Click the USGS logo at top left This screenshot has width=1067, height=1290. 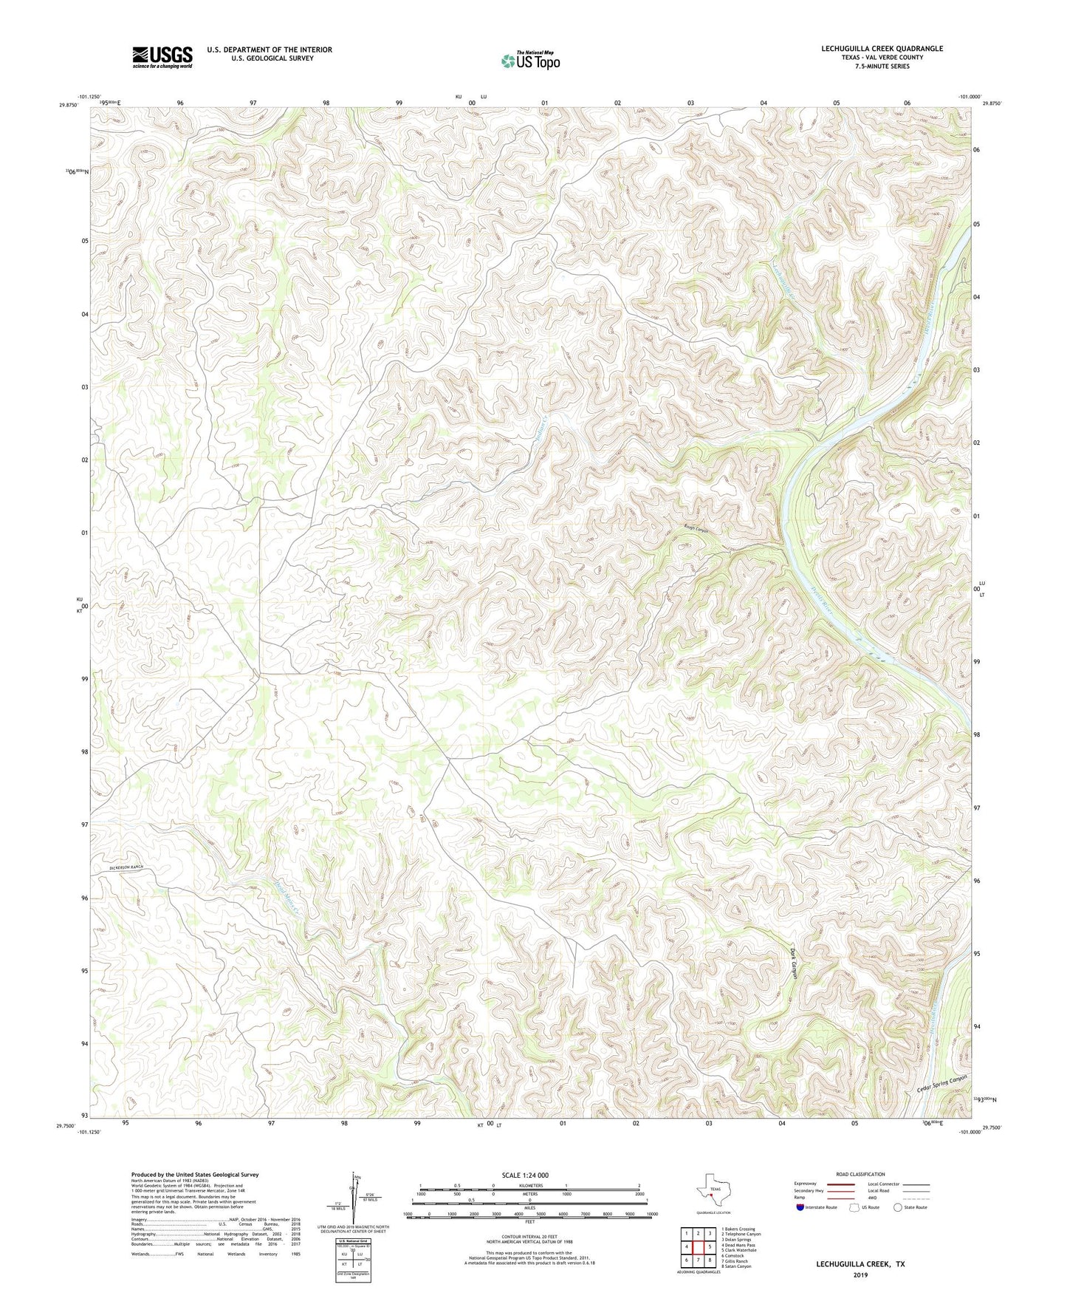click(162, 57)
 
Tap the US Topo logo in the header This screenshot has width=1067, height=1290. click(530, 61)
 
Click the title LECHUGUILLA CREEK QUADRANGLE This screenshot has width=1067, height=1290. click(882, 49)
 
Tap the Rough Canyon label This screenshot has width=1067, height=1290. click(696, 530)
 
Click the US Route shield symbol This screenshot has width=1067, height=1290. click(855, 1207)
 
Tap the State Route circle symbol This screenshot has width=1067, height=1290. click(898, 1207)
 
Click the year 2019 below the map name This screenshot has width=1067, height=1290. click(860, 1274)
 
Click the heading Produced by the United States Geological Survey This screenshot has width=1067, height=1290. click(195, 1174)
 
